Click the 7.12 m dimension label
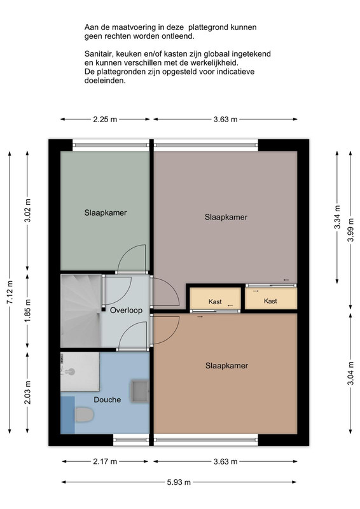(x=10, y=292)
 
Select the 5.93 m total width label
(x=179, y=482)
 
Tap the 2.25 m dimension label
(x=105, y=119)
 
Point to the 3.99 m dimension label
(x=350, y=230)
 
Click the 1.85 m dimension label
(x=27, y=310)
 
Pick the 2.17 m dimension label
(x=105, y=461)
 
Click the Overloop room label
(x=126, y=310)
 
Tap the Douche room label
(x=107, y=400)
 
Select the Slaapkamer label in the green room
(x=106, y=213)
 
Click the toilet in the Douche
(x=85, y=415)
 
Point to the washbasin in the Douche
(x=139, y=391)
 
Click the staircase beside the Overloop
(x=81, y=310)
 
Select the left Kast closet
(x=215, y=298)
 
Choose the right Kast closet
(x=271, y=298)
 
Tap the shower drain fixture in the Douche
(x=69, y=371)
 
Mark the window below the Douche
(x=131, y=440)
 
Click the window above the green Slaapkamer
(x=111, y=145)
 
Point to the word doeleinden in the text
(x=105, y=81)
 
